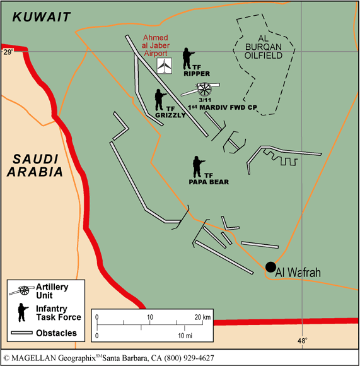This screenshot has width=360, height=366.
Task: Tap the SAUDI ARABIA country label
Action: pos(38,165)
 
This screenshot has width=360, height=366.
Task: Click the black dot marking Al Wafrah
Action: pos(270,267)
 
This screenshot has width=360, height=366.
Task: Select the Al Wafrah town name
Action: pos(300,273)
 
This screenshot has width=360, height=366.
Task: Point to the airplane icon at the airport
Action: pos(165,66)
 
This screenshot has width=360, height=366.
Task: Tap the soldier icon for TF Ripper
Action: pos(187,58)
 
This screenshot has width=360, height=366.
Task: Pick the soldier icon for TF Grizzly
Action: pos(160,100)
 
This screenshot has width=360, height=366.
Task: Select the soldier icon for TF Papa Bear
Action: pos(199,167)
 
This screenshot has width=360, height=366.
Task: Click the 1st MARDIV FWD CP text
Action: pos(214,107)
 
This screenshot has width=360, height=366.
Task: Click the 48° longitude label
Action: pos(302,341)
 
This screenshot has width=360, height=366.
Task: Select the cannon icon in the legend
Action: pos(23,290)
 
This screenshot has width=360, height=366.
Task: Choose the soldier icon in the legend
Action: pos(23,312)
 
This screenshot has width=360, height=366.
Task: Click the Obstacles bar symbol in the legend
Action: pos(24,333)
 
